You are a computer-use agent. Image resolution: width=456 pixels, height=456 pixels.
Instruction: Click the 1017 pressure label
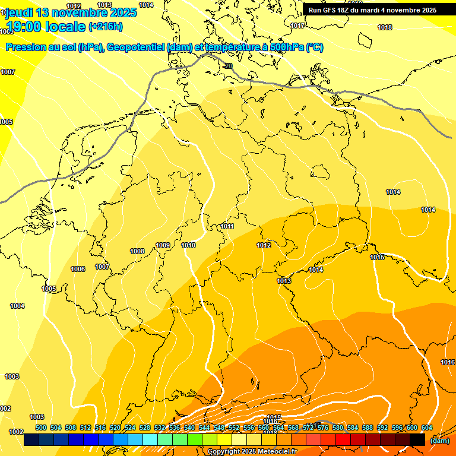[297, 26]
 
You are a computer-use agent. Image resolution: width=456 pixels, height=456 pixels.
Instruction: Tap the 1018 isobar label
[385, 27]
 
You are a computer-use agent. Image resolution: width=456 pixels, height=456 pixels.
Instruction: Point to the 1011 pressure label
[227, 226]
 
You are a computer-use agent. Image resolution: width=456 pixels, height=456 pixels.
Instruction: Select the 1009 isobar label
[163, 245]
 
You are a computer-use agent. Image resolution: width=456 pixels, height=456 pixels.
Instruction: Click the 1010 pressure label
[189, 245]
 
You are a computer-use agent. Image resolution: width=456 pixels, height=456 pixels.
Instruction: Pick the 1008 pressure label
[137, 251]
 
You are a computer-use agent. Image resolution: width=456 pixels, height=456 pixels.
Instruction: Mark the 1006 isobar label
[78, 269]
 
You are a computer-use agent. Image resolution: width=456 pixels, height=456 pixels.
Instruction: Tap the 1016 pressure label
[448, 362]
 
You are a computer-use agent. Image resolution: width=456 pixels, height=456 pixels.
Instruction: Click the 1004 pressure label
[17, 306]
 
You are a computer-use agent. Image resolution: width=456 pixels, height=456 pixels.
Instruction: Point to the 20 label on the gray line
[229, 66]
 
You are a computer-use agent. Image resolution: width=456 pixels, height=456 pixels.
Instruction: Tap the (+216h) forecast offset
[105, 27]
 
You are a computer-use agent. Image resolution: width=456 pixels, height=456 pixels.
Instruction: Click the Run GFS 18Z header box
[372, 9]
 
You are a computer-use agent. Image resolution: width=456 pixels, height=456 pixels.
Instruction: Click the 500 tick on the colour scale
[41, 427]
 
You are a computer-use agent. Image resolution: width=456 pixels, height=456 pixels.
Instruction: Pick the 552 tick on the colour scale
[234, 427]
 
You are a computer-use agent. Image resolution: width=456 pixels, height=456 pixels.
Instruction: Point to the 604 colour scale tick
[426, 427]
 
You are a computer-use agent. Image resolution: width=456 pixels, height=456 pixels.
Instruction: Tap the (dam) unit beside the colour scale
[439, 441]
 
